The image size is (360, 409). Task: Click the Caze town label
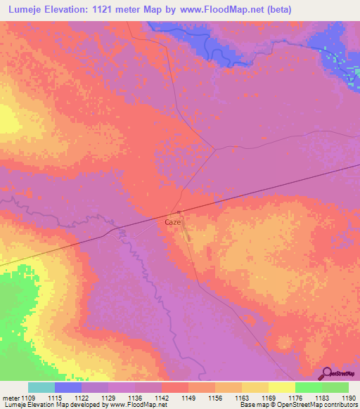coord(173,222)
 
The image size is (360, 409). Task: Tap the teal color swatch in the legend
coord(41,387)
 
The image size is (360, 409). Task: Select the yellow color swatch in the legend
coord(281,387)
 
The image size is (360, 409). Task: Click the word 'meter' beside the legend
coord(11,398)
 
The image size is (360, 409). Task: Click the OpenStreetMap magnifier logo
coord(328,374)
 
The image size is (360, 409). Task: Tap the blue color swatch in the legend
coord(67,387)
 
